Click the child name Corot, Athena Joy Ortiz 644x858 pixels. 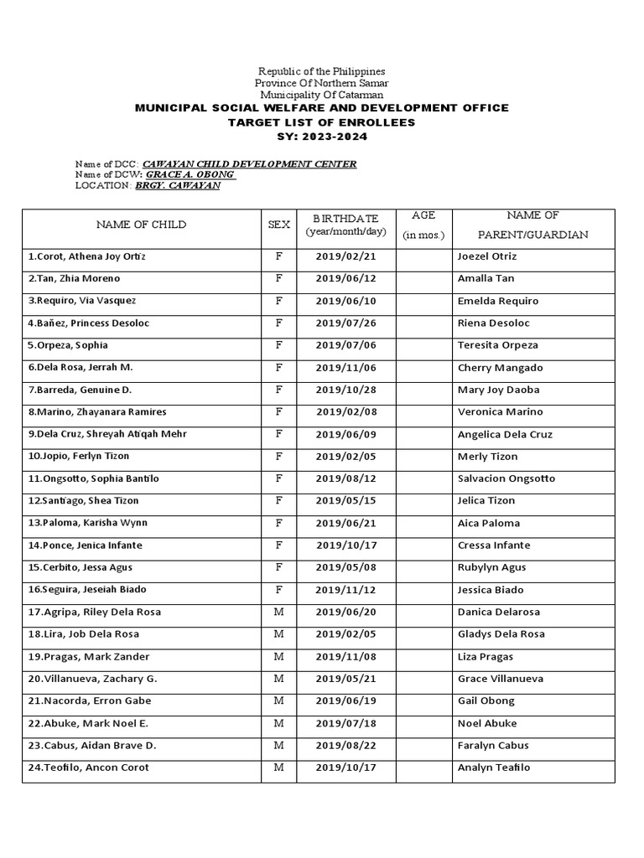(x=92, y=256)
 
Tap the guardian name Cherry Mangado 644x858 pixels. (x=500, y=368)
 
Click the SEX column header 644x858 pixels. (x=278, y=225)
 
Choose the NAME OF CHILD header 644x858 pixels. (x=141, y=225)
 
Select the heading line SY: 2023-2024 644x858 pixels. (x=322, y=136)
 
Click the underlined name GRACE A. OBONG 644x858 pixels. (x=191, y=174)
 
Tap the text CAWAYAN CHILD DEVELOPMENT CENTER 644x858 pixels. (x=250, y=163)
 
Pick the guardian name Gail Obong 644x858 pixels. (x=486, y=701)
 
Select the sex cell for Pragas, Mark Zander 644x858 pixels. (x=278, y=657)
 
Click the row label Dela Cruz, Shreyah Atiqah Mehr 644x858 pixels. (x=107, y=434)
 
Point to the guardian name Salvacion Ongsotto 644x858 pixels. (x=506, y=478)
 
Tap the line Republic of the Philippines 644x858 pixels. (x=322, y=72)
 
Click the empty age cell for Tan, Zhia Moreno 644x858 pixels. (x=423, y=279)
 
